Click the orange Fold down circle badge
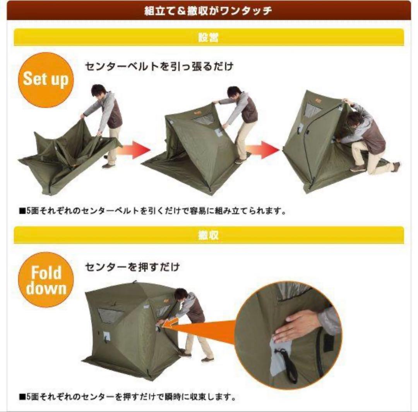pyautogui.click(x=46, y=280)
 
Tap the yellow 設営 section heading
pyautogui.click(x=209, y=38)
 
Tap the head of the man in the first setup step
pyautogui.click(x=99, y=91)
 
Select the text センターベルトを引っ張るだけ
pyautogui.click(x=159, y=66)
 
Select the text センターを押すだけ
pyautogui.click(x=132, y=267)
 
